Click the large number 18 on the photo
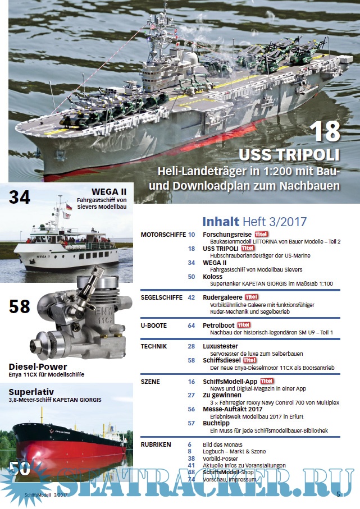[x=325, y=131]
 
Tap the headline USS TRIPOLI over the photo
[x=289, y=155]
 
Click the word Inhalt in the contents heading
[x=221, y=222]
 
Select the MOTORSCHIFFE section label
[x=163, y=235]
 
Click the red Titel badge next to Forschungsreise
[x=261, y=234]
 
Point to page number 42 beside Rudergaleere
[x=192, y=297]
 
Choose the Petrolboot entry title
[x=218, y=325]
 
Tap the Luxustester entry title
[x=220, y=346]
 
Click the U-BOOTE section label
[x=154, y=325]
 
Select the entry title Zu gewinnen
[x=222, y=396]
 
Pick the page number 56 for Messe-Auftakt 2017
[x=192, y=409]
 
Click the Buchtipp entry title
[x=216, y=423]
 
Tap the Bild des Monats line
[x=222, y=444]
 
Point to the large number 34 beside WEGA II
[x=20, y=198]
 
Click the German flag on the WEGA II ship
[x=69, y=207]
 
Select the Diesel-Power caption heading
[x=38, y=367]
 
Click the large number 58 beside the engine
[x=20, y=306]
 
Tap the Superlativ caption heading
[x=31, y=392]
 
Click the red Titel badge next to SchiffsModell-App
[x=267, y=381]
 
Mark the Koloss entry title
[x=212, y=277]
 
